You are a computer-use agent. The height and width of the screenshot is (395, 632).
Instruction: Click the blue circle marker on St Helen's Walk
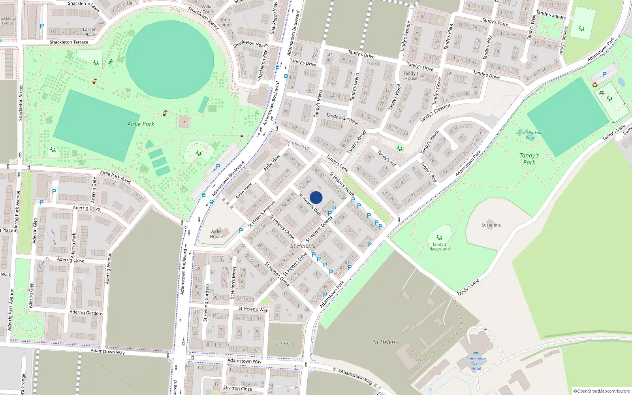(x=316, y=197)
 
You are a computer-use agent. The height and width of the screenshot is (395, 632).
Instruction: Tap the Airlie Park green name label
(x=141, y=124)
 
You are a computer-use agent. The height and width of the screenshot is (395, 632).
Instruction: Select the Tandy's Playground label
(x=439, y=247)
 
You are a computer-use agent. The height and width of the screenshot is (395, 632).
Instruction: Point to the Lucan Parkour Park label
(x=530, y=135)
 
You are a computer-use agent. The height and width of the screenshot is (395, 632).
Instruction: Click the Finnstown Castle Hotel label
(x=476, y=364)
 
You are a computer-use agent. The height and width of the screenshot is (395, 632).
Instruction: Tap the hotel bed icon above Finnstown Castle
(x=476, y=354)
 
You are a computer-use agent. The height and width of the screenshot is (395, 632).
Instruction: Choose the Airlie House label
(x=216, y=234)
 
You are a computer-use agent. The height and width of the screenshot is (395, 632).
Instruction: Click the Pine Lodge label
(x=226, y=22)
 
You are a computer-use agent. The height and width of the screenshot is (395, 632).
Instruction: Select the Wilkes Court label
(x=208, y=9)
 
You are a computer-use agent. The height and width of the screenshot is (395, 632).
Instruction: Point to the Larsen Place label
(x=90, y=32)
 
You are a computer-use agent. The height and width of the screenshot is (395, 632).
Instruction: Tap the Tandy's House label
(x=411, y=76)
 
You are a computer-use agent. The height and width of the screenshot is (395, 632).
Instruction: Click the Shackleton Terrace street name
(x=69, y=42)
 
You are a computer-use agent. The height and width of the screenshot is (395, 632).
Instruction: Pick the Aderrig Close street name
(x=70, y=260)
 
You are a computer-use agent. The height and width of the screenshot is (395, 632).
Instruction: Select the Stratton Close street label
(x=237, y=388)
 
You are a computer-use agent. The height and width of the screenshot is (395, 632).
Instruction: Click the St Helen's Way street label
(x=253, y=309)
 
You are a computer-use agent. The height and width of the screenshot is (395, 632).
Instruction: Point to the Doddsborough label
(x=296, y=144)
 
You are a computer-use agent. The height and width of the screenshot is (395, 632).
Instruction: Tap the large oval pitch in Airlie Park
(x=170, y=60)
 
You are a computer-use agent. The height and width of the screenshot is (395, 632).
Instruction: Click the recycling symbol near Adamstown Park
(x=595, y=85)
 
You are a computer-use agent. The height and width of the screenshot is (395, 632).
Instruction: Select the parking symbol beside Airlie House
(x=241, y=231)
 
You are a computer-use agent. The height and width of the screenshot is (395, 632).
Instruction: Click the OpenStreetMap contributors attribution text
(x=602, y=391)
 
